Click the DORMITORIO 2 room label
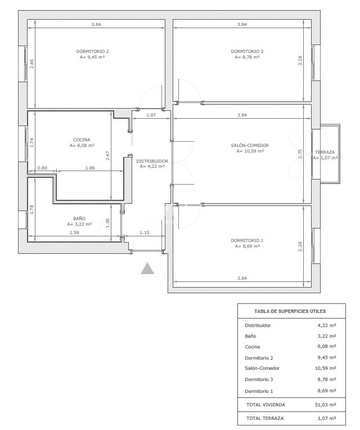(92, 51)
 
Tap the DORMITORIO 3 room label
(247, 51)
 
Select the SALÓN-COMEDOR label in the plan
(250, 145)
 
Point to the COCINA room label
(82, 140)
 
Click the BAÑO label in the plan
(79, 218)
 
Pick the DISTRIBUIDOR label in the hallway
(152, 161)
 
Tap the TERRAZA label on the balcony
(325, 152)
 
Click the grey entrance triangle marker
(147, 268)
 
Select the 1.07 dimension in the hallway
(151, 115)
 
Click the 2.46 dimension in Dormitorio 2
(31, 64)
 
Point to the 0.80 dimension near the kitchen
(42, 168)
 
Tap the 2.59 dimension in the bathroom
(74, 232)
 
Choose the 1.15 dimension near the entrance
(145, 232)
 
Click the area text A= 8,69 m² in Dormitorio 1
(247, 247)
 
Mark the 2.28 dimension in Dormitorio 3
(300, 60)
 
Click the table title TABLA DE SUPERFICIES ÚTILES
(290, 311)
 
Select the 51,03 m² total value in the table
(326, 405)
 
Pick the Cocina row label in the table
(253, 347)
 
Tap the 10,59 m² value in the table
(326, 368)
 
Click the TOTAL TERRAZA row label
(265, 418)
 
